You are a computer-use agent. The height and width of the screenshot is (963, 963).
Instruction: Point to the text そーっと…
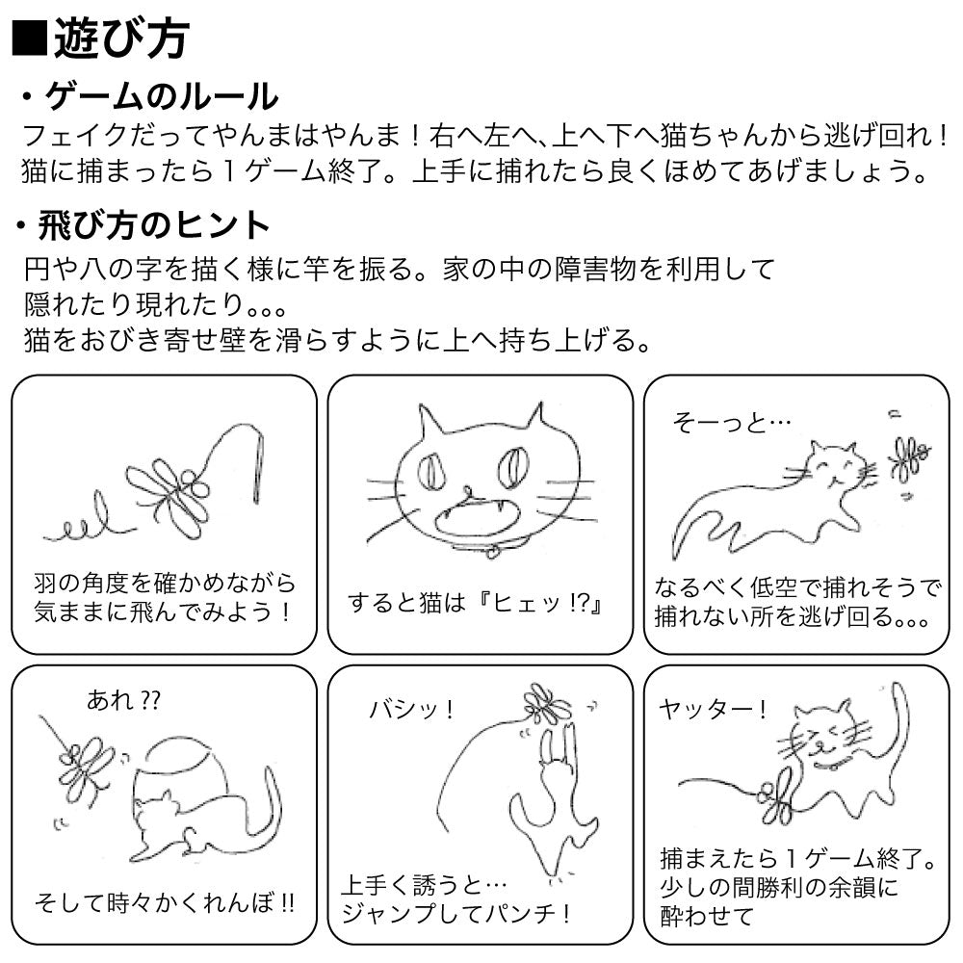(733, 422)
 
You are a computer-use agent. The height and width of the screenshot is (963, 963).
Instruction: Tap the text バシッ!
(412, 710)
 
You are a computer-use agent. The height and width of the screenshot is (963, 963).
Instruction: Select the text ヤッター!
(714, 710)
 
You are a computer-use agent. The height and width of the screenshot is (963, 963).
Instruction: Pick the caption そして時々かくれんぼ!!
(164, 903)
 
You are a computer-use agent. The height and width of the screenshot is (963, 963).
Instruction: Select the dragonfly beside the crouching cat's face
(907, 457)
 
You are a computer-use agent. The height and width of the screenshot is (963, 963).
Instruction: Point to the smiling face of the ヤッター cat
(822, 736)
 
